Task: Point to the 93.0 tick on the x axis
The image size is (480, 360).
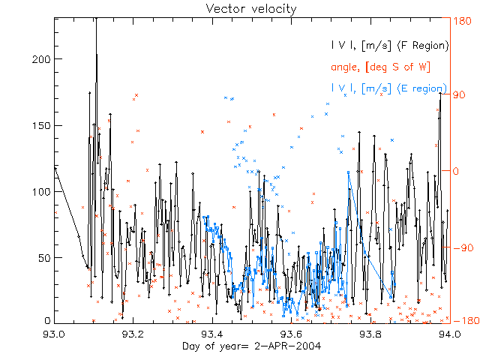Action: click(55, 332)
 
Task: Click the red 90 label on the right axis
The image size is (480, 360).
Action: click(460, 95)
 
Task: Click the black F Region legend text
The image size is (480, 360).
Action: click(390, 46)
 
